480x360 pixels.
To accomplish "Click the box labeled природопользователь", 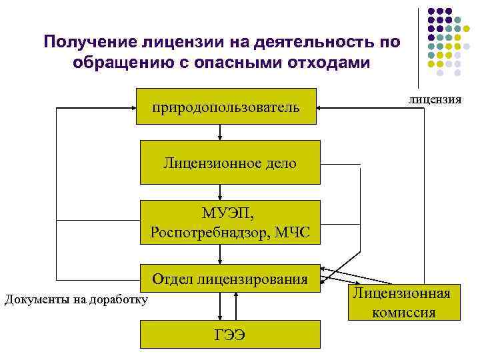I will tap(226, 106).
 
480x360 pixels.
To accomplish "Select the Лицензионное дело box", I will tap(230, 162).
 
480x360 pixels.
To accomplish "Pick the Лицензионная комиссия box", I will tap(401, 302).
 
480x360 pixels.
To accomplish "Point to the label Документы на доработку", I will tap(76, 299).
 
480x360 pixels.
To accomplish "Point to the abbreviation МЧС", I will tap(294, 232).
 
